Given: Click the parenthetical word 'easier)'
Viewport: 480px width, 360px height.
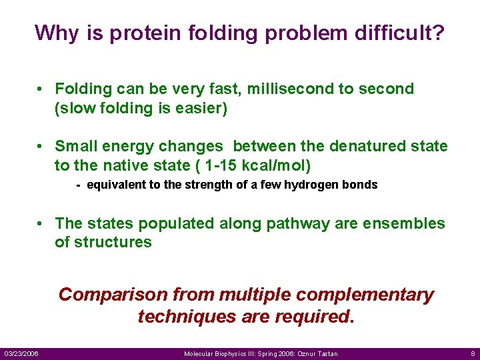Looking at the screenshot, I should coord(201,108).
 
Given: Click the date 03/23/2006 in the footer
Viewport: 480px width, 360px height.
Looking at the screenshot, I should coord(21,353).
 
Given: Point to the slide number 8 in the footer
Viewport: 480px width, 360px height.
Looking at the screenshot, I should coord(472,353).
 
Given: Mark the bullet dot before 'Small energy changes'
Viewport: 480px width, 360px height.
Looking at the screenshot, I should coord(41,146).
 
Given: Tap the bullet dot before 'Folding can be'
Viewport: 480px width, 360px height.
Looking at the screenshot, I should coord(41,89).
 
